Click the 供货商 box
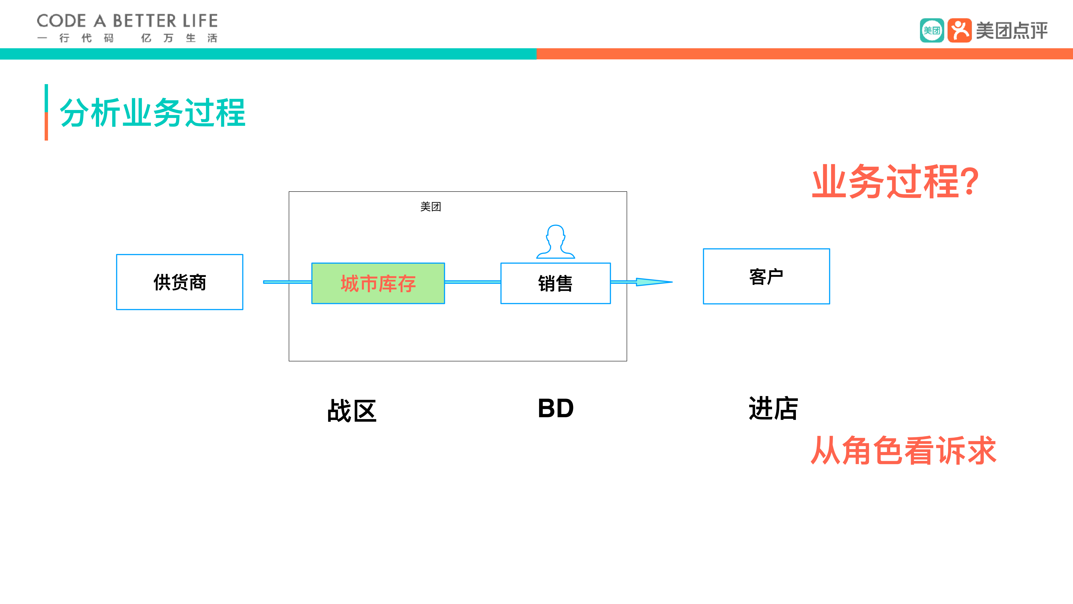coord(179,282)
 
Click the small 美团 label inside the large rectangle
coord(430,207)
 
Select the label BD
coord(556,408)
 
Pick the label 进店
coord(773,408)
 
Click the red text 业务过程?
coord(887,182)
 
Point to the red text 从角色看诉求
coord(903,451)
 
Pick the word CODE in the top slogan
coord(61,21)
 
